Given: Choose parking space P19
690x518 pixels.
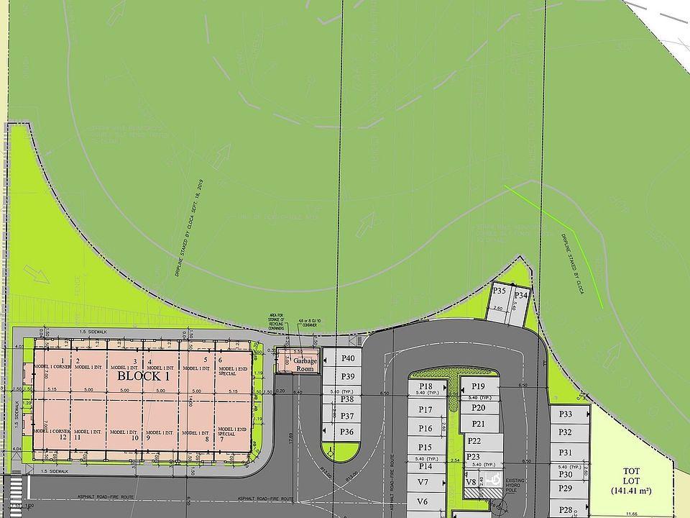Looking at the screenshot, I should (x=479, y=386).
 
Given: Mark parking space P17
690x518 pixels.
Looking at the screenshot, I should (x=425, y=410).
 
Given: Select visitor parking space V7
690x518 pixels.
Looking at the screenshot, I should (x=423, y=482).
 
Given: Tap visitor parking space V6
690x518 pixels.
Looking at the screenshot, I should (x=423, y=501).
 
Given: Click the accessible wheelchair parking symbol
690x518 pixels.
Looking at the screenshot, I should (x=492, y=478).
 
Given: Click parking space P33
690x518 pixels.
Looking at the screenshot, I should (x=566, y=414).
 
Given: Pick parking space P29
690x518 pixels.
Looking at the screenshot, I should (x=566, y=489).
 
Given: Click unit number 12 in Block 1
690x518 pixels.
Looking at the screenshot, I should (x=63, y=437).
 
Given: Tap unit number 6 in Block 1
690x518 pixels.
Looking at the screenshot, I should (x=221, y=360).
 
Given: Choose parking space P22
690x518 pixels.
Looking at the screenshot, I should (x=474, y=440).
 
